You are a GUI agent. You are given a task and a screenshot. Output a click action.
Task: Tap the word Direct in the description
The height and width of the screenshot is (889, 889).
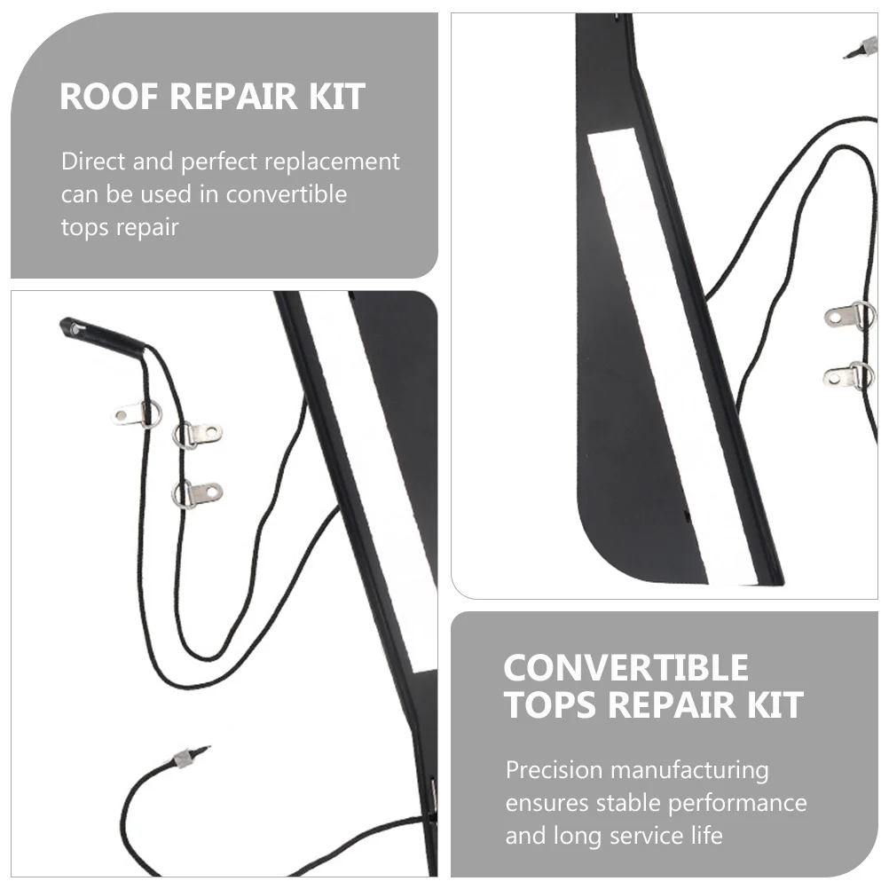click(x=93, y=161)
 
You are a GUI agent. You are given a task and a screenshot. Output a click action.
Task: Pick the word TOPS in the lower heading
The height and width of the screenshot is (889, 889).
click(x=550, y=704)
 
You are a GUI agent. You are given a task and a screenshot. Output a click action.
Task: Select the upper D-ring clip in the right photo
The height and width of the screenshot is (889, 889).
click(x=850, y=315)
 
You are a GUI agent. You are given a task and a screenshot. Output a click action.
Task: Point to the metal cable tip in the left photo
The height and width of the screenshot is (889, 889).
click(x=190, y=757)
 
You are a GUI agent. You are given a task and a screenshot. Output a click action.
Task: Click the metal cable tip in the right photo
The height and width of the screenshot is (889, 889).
click(x=861, y=48)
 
